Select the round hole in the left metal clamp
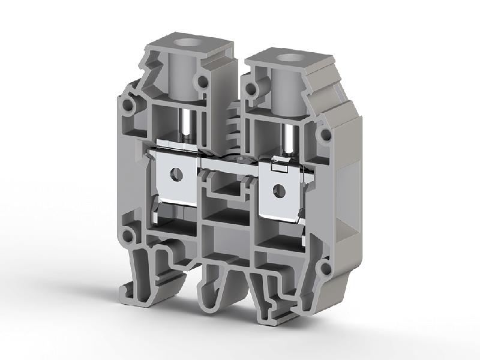(x=176, y=174)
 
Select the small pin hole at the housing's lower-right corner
(x=324, y=265)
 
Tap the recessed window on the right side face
(x=347, y=198)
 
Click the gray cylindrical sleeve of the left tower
(x=179, y=78)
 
